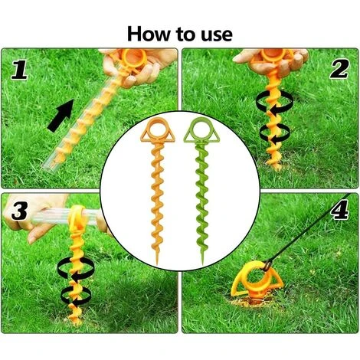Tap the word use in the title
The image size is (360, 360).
click(217, 35)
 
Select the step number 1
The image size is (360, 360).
click(19, 70)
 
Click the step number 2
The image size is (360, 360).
click(339, 69)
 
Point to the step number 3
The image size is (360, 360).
click(19, 211)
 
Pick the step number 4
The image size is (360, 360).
click(339, 210)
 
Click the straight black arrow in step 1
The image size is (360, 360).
click(61, 116)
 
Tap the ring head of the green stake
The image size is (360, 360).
click(201, 130)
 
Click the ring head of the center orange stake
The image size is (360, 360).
click(159, 130)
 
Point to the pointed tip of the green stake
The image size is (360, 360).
click(202, 264)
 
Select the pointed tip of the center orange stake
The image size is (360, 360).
click(157, 264)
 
